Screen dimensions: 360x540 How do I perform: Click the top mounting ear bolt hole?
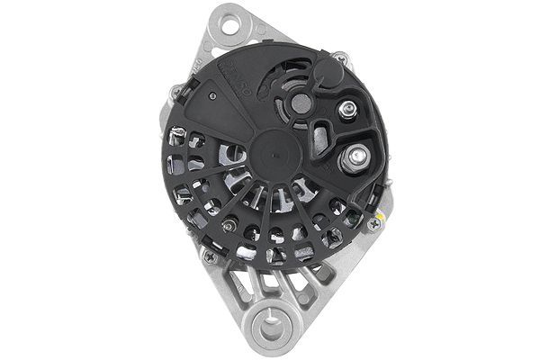click(x=231, y=24)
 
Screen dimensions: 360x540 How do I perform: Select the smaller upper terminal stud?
click(x=346, y=111)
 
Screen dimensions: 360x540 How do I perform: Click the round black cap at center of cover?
click(x=270, y=152)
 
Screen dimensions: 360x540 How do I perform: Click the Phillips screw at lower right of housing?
click(x=372, y=225)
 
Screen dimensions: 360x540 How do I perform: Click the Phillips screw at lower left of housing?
click(x=211, y=257)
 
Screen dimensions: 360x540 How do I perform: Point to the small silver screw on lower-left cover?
click(x=230, y=224)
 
